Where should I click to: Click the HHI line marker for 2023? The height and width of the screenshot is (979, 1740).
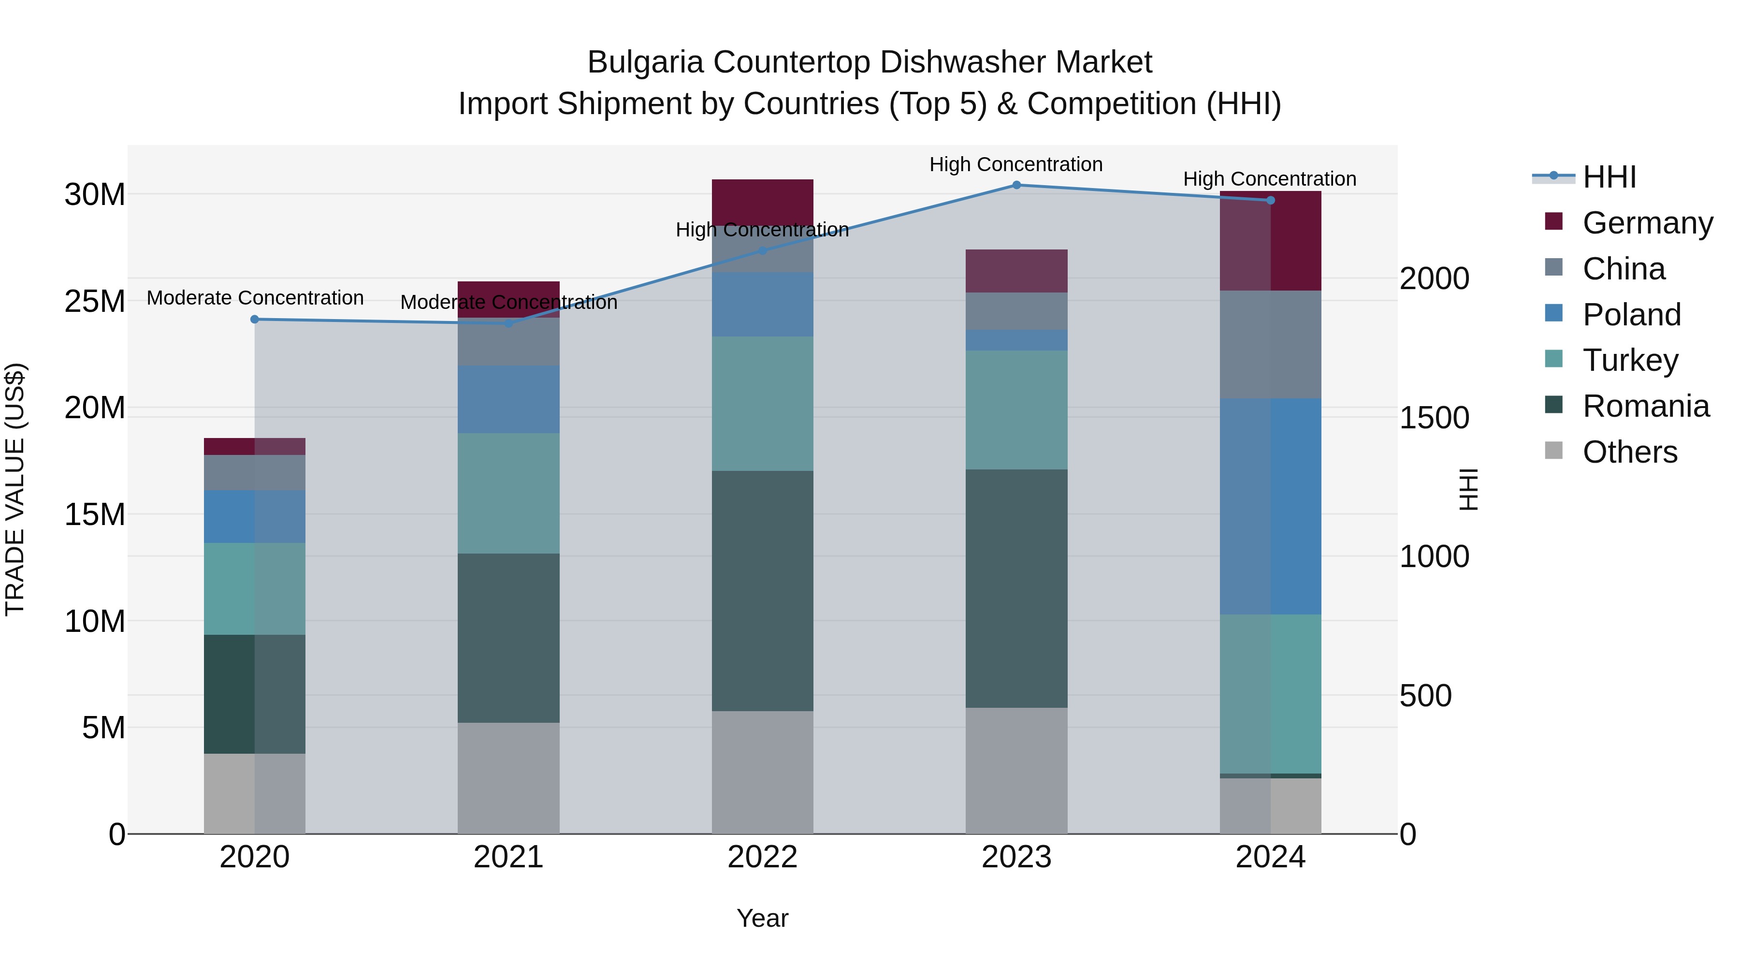pos(1016,185)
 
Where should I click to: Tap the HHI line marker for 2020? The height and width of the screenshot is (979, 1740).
pos(255,319)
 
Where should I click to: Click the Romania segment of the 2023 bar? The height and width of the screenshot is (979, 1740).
pos(1016,588)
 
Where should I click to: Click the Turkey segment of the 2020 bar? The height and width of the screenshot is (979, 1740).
pos(255,588)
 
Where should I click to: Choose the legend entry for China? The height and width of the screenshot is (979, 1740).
pos(1623,268)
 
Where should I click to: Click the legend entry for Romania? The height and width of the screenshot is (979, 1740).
pos(1645,406)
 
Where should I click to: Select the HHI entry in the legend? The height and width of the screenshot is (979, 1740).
pos(1609,177)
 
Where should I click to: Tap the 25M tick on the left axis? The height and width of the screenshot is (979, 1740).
pos(95,301)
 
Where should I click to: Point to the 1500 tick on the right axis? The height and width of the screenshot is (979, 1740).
pos(1434,418)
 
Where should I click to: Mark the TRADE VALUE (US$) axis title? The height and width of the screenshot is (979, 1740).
pos(15,489)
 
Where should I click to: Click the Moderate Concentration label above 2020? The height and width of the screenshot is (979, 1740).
pos(255,298)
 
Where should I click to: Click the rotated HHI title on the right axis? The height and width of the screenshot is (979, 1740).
pos(1468,489)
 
